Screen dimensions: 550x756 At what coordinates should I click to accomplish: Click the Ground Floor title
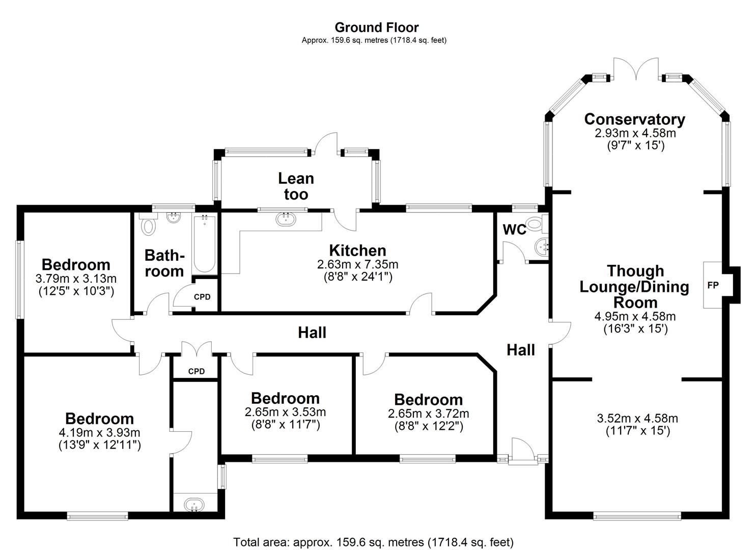(x=377, y=27)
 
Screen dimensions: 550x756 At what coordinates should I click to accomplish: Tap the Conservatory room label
(x=634, y=119)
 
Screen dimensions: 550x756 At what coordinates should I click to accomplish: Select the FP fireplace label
(x=713, y=285)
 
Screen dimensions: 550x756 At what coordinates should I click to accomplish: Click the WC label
(x=514, y=230)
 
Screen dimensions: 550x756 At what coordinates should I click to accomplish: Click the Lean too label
(x=296, y=186)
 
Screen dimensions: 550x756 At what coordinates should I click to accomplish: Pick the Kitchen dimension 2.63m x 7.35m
(x=357, y=264)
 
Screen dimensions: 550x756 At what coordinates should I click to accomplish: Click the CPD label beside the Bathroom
(x=202, y=297)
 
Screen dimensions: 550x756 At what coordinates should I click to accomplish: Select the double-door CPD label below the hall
(x=197, y=371)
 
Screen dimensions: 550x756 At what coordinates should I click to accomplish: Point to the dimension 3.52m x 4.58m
(x=637, y=419)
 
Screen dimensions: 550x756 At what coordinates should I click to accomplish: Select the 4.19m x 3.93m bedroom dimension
(x=99, y=433)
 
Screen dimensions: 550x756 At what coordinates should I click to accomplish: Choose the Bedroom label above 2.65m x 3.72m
(x=428, y=400)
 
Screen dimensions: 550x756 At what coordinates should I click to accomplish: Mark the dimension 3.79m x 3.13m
(x=76, y=279)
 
